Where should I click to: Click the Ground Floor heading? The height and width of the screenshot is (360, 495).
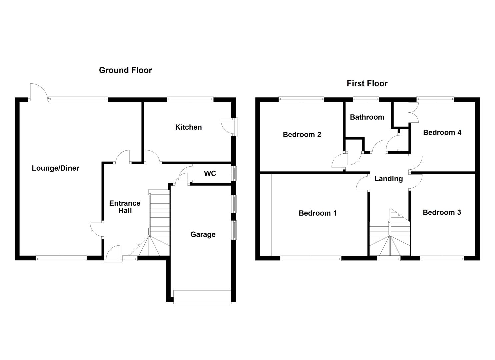coord(125,70)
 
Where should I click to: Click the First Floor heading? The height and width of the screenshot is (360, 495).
coord(367,83)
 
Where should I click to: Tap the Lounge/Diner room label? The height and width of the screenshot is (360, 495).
coord(55,168)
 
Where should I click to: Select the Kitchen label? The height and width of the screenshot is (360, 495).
coord(188,127)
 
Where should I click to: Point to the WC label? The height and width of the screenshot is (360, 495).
coord(210,174)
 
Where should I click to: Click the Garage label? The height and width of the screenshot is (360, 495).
coord(203,235)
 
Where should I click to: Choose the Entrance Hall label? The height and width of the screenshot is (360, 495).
coord(125,207)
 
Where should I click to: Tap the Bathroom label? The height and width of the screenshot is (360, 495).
coord(367,117)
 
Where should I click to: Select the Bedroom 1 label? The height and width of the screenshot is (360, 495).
coord(318,213)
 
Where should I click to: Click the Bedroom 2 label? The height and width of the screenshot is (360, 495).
coord(302,135)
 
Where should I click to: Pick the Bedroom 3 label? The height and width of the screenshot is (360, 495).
coord(442,213)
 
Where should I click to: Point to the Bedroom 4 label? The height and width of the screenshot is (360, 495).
coord(442,133)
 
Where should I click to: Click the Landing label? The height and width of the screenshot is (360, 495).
coord(388,179)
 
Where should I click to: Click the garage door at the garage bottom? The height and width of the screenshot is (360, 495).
coord(202,297)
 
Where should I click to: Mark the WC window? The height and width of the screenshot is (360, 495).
coord(235,174)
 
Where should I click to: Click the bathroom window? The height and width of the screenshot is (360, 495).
coord(366,99)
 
